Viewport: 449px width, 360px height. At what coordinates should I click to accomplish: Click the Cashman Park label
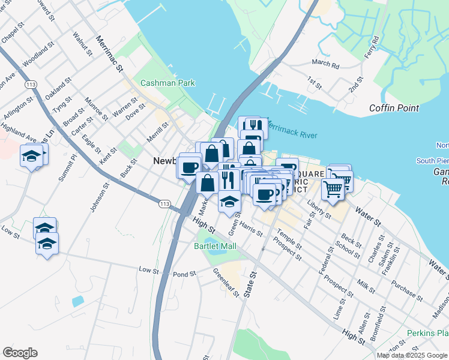point(167,83)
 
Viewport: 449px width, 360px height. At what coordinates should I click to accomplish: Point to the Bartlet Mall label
point(215,246)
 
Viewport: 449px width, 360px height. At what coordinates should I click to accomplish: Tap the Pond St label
point(184,274)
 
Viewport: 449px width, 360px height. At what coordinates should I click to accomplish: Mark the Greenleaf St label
point(226,283)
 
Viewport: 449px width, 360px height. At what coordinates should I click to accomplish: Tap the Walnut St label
point(82,44)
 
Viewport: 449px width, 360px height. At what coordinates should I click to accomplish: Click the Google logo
point(20,353)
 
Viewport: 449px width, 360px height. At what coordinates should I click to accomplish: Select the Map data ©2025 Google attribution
point(412,355)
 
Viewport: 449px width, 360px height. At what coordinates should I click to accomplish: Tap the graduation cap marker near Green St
point(229,201)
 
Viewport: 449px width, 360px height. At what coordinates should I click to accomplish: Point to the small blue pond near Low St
point(77,301)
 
